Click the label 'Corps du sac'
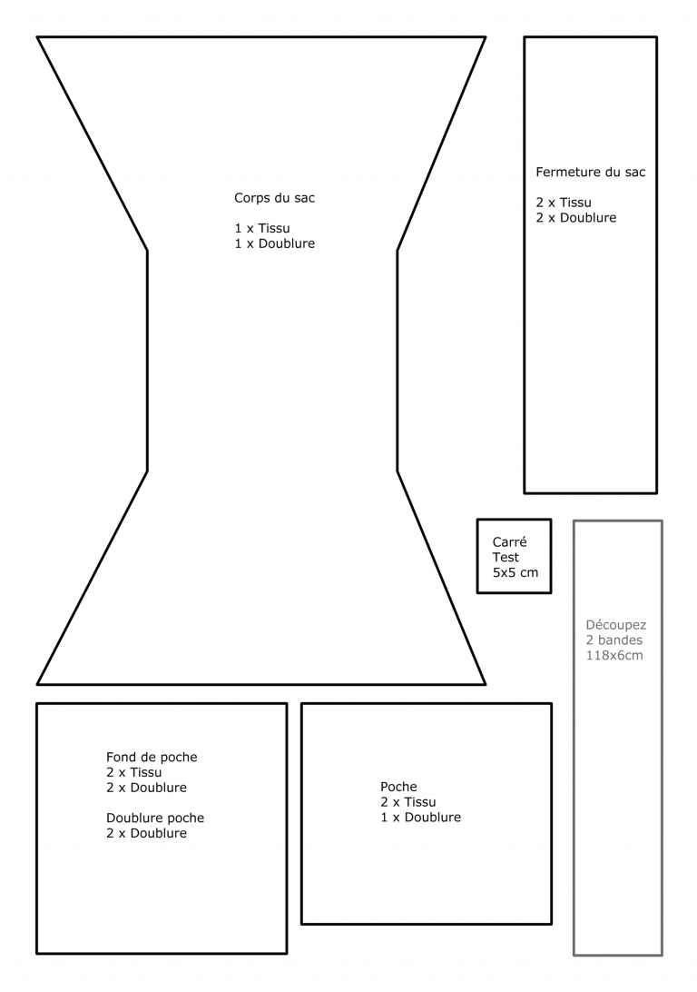tap(274, 198)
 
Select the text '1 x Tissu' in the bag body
tap(262, 228)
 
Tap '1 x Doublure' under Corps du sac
tap(275, 243)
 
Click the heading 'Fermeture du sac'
tap(591, 172)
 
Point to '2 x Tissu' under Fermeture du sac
tap(564, 203)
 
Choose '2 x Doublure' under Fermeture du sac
tap(576, 218)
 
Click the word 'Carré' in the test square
tap(509, 542)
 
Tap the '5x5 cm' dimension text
tap(515, 572)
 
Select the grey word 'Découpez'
tap(616, 625)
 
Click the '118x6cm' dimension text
tap(614, 656)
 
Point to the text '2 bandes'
tap(614, 640)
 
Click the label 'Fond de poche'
tap(152, 758)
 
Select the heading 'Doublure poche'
tap(155, 818)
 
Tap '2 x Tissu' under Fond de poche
tap(134, 772)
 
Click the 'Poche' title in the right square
tap(398, 787)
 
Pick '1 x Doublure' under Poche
tap(421, 818)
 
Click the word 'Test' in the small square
tap(506, 558)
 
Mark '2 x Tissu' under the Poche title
tap(408, 802)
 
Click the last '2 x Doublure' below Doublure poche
tap(147, 833)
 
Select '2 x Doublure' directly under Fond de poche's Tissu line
tap(147, 788)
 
